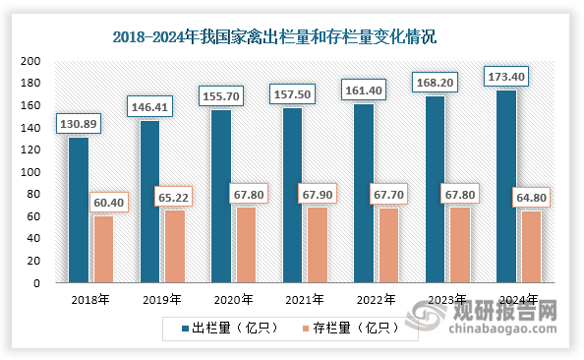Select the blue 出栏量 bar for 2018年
(79, 210)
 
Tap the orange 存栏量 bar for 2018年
(103, 249)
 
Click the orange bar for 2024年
(532, 247)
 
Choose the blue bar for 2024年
(506, 186)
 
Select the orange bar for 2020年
(246, 245)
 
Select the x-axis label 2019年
(163, 300)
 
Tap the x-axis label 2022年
(378, 300)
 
